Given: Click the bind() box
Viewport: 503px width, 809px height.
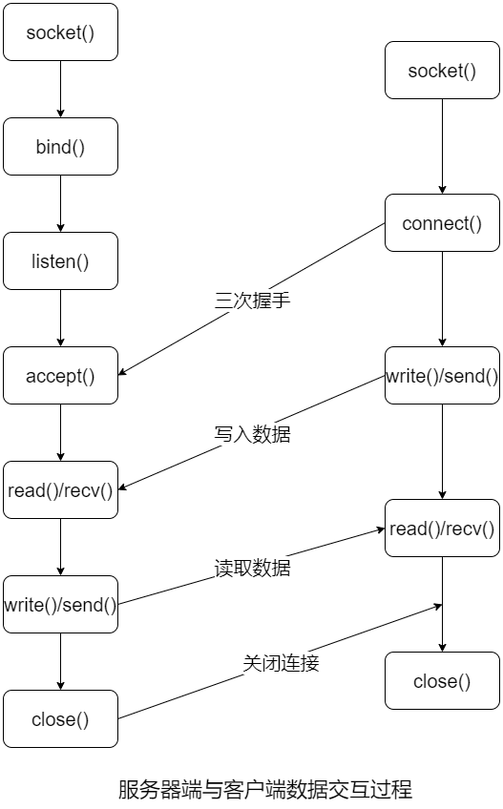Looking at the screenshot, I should tap(60, 147).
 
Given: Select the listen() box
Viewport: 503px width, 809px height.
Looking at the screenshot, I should tap(60, 261).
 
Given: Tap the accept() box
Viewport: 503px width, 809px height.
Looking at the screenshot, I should tap(60, 376).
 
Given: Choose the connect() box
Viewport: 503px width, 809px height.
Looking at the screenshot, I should tap(442, 223).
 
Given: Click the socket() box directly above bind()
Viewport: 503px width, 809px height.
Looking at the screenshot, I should tap(60, 32).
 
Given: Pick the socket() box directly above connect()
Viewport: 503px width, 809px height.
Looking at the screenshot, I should tap(442, 71).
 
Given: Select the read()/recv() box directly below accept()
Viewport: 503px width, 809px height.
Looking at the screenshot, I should tap(60, 490).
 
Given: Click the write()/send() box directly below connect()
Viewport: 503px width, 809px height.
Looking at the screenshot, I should tap(442, 376).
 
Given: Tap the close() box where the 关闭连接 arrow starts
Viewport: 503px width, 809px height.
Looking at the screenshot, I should tap(60, 719).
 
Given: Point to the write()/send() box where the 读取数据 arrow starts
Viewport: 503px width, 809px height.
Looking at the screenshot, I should tap(60, 605).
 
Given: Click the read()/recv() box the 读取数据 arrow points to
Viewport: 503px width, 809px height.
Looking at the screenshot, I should tap(442, 529).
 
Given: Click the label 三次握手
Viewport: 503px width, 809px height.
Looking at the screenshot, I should tap(252, 300).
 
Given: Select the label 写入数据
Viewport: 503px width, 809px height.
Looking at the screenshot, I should tap(252, 434).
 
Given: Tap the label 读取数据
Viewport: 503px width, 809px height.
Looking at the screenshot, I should tap(252, 568).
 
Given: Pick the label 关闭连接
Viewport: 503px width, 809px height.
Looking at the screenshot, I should tap(281, 663).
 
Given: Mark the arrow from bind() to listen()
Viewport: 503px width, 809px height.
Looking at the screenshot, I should tap(61, 203).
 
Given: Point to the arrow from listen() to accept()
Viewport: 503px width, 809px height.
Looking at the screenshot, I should tap(61, 318).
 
